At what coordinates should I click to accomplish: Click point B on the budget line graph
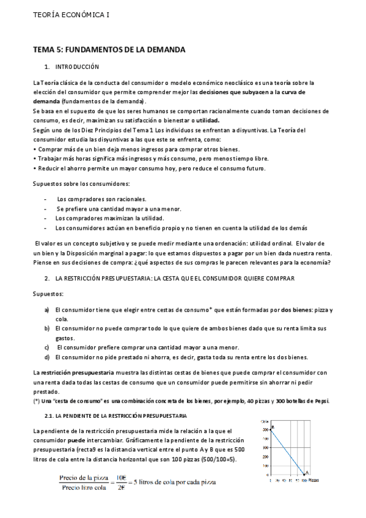[272, 427]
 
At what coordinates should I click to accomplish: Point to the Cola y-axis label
[264, 421]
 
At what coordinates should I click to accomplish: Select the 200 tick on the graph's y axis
[266, 445]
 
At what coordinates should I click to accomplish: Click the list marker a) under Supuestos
[47, 310]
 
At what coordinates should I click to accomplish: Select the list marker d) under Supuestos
[47, 357]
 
